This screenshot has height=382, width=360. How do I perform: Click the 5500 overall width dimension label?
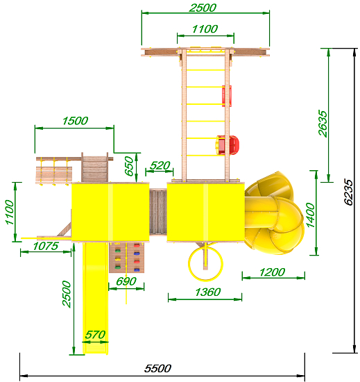[x=157, y=368]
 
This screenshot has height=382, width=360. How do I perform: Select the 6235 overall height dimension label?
[x=348, y=192]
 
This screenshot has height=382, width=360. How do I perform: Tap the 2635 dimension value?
[x=323, y=123]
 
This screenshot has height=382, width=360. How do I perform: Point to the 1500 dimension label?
[x=75, y=121]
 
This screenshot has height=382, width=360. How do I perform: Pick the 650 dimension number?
[x=129, y=166]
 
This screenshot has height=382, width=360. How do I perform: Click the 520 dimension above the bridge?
[x=160, y=166]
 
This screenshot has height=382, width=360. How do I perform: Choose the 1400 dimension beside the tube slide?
[x=311, y=215]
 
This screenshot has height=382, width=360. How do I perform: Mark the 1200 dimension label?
[x=272, y=272]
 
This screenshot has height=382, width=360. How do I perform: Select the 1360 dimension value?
[x=207, y=292]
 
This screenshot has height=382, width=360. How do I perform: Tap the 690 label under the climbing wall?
[x=126, y=281]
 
